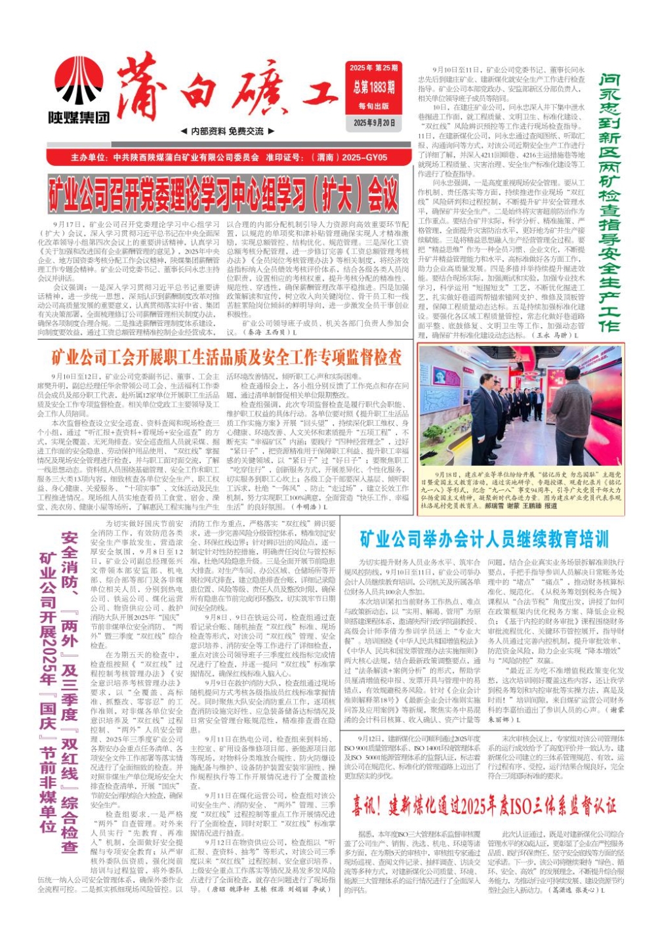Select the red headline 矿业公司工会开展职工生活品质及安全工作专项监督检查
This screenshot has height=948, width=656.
click(x=226, y=358)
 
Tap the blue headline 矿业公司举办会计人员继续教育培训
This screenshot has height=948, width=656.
click(x=484, y=539)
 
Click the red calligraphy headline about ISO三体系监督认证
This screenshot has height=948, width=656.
click(x=484, y=805)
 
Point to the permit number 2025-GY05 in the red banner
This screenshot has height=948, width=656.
click(x=364, y=157)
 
